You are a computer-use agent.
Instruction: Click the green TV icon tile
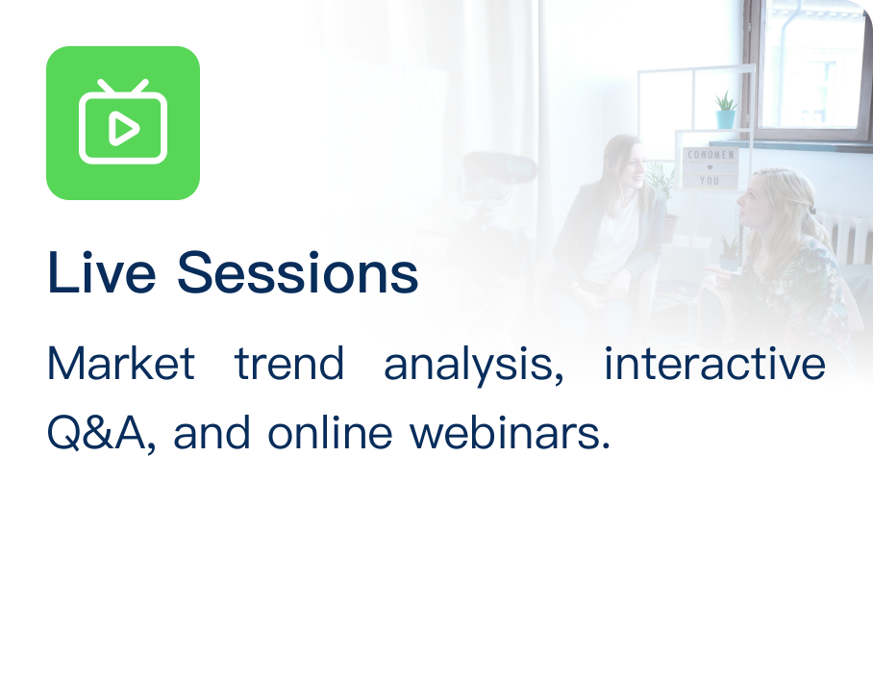(123, 123)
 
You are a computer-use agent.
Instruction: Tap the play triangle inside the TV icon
(123, 129)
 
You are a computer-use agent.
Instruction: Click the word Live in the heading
(101, 272)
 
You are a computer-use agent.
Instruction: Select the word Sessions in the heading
(297, 272)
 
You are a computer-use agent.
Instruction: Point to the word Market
(121, 363)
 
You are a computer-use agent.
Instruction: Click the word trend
(289, 363)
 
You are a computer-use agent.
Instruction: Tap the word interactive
(714, 363)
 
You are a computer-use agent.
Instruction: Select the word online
(330, 432)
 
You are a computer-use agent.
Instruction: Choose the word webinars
(510, 432)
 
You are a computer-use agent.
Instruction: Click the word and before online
(212, 432)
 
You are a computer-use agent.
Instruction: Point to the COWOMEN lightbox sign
(711, 167)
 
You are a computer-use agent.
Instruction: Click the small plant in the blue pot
(726, 110)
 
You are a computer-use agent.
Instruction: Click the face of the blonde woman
(753, 199)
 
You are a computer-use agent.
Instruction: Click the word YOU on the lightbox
(710, 181)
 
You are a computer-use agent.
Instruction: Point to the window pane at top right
(811, 65)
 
